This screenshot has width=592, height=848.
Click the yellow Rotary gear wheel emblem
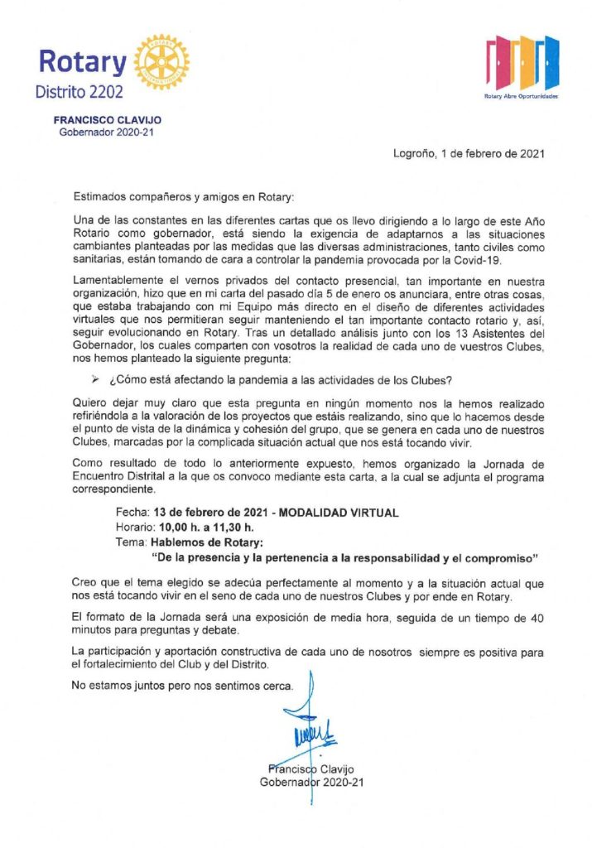161,62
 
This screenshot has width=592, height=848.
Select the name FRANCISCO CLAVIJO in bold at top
107,120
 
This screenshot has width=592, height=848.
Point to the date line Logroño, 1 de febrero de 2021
469,153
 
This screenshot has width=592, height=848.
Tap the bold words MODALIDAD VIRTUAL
339,513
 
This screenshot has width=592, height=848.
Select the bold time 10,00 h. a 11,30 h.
204,527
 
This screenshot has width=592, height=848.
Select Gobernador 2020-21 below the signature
311,782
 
